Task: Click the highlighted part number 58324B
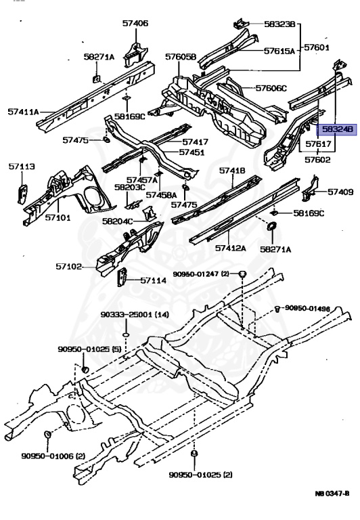[337, 129]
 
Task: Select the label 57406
[135, 23]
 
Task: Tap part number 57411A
[23, 112]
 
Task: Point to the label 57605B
[181, 57]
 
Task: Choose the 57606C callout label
[271, 88]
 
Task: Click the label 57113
[22, 167]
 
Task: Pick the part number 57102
[68, 266]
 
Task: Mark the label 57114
[154, 280]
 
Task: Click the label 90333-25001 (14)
[135, 314]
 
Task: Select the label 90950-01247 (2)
[201, 274]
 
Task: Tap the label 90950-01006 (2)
[53, 456]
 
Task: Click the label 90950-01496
[308, 309]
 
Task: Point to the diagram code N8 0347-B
[332, 494]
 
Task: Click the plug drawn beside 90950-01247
[243, 274]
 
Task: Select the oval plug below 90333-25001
[126, 335]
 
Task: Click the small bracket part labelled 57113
[22, 194]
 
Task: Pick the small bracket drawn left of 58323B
[241, 24]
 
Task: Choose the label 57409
[340, 192]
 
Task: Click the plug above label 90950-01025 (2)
[195, 454]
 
